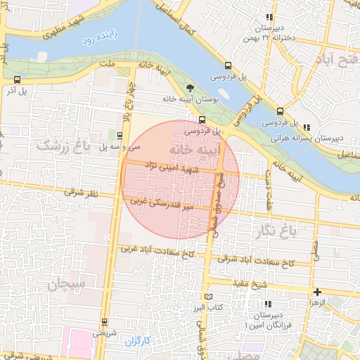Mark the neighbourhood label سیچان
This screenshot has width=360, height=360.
pyautogui.click(x=67, y=284)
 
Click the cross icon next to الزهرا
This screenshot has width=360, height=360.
pyautogui.click(x=317, y=292)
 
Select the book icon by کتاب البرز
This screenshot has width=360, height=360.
pyautogui.click(x=207, y=297)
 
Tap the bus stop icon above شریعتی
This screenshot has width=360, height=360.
pyautogui.click(x=105, y=322)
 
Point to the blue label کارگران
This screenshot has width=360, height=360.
pyautogui.click(x=139, y=341)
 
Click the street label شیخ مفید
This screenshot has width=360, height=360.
pyautogui.click(x=251, y=283)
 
